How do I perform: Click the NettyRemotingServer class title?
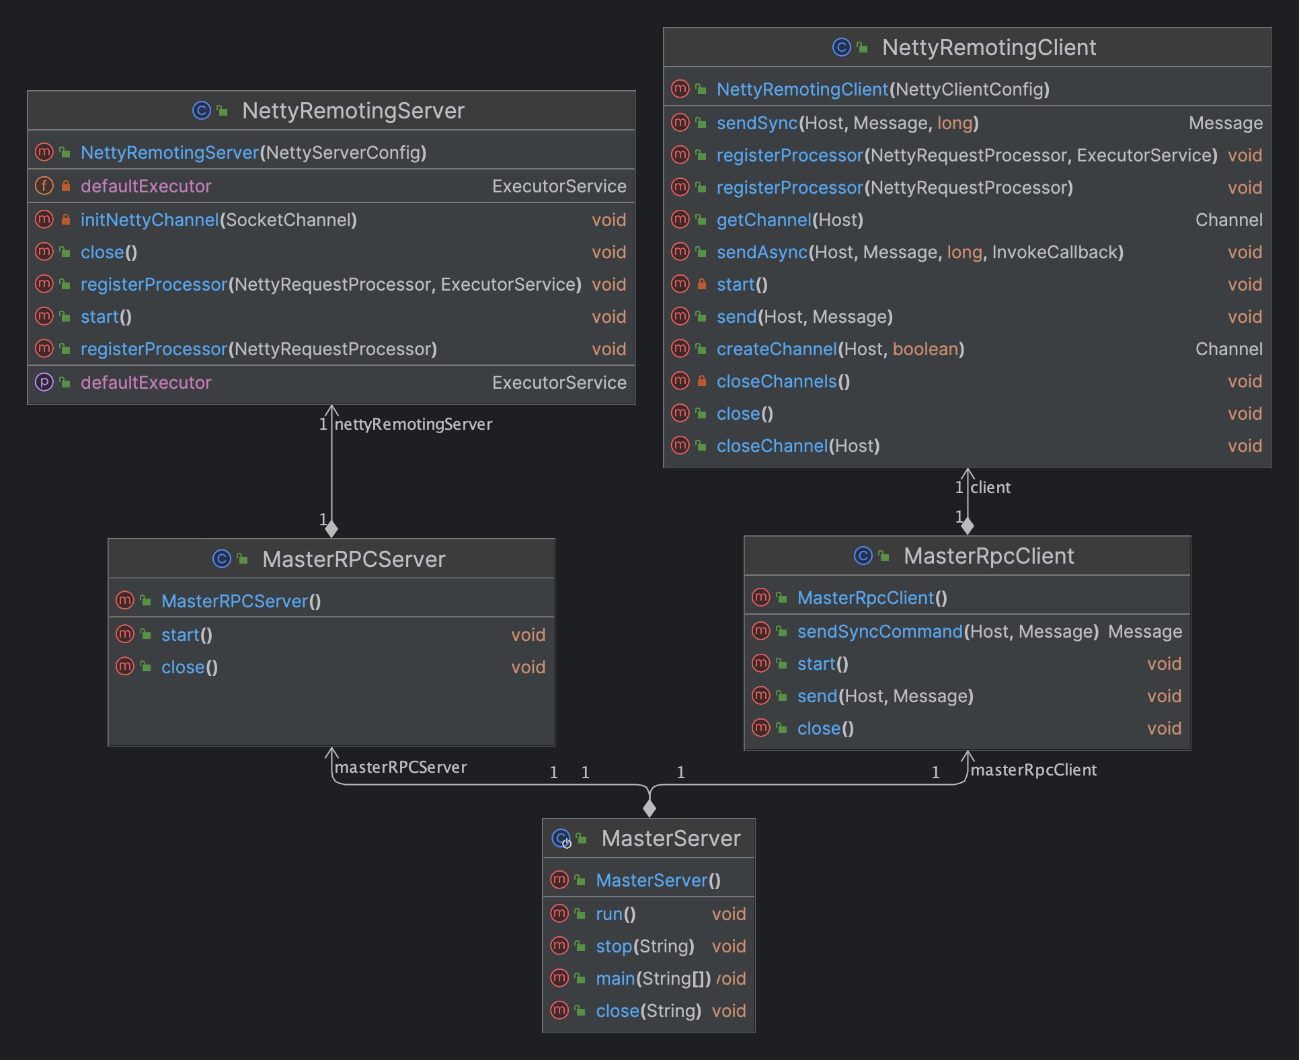tap(353, 111)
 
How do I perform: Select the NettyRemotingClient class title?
tap(989, 48)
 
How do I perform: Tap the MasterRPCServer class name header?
tap(354, 560)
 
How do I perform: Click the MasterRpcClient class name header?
tap(988, 556)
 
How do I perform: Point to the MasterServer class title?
tap(671, 839)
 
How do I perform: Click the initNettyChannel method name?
tap(149, 220)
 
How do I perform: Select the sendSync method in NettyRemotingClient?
tap(756, 123)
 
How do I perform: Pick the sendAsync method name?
tap(762, 252)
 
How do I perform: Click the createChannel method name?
tap(777, 349)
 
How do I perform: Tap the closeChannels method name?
tap(777, 381)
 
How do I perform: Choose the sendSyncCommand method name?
tap(880, 632)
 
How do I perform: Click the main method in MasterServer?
tap(615, 979)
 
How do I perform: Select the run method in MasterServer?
tap(609, 914)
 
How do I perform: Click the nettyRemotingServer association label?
tap(414, 424)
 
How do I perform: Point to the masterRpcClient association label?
tap(1033, 770)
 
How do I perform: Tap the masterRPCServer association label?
tap(401, 767)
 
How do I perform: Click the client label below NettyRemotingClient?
tap(990, 488)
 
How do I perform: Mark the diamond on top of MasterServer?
tap(649, 807)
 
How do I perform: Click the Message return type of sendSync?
tap(1226, 123)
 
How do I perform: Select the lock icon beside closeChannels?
tap(701, 381)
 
